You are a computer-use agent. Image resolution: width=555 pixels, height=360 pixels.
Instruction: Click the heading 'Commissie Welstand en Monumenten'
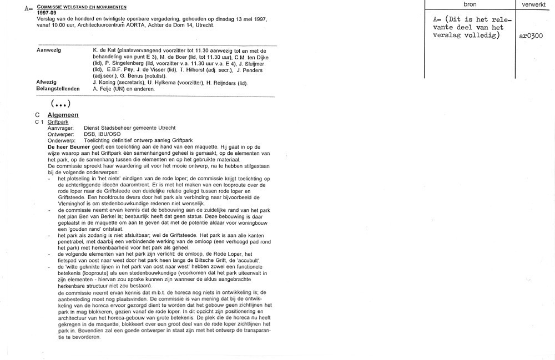coord(82,7)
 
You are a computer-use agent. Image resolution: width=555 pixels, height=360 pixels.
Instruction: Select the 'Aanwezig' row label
coord(48,50)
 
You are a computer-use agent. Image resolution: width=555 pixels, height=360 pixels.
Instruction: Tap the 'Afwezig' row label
coord(46,83)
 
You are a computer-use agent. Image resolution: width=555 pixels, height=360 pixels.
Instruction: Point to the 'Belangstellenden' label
coord(58,89)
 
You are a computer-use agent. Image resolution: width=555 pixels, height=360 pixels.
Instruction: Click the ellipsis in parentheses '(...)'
coord(60,103)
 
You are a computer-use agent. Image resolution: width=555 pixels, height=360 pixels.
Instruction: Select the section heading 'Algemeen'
coord(63,115)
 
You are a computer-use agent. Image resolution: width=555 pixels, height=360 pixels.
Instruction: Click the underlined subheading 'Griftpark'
coord(58,121)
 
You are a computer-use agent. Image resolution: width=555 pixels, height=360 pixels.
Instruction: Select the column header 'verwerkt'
coord(533,4)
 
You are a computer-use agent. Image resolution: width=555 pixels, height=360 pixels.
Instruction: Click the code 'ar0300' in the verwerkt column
coord(531,36)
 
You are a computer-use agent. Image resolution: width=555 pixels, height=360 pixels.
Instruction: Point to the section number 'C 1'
coord(39,121)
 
